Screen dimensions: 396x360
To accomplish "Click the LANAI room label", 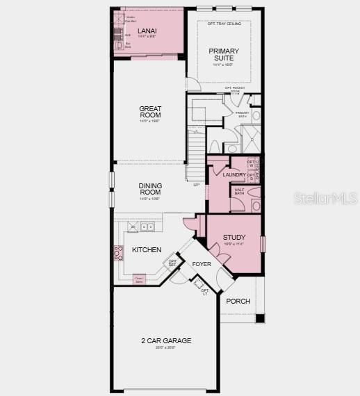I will (x=147, y=31).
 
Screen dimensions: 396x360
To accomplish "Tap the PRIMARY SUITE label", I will (x=224, y=55).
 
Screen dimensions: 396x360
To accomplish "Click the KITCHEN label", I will (x=147, y=250).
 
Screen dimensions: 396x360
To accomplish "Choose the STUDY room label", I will (x=234, y=238).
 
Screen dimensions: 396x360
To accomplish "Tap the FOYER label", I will (x=202, y=264).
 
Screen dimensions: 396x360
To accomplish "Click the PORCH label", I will (x=238, y=301).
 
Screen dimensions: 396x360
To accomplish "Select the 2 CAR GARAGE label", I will (x=166, y=340).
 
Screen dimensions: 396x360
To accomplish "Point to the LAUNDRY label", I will (x=234, y=174).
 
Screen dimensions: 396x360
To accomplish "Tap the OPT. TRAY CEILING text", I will (x=224, y=24).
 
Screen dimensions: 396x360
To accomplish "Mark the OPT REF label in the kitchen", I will (x=172, y=263).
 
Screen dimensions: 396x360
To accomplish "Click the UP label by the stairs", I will (x=196, y=185).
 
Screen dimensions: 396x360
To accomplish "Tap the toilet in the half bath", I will (x=256, y=206).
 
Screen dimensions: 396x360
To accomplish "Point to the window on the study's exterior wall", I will (x=262, y=245).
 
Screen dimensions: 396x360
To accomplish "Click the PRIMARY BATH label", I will (x=242, y=115).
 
